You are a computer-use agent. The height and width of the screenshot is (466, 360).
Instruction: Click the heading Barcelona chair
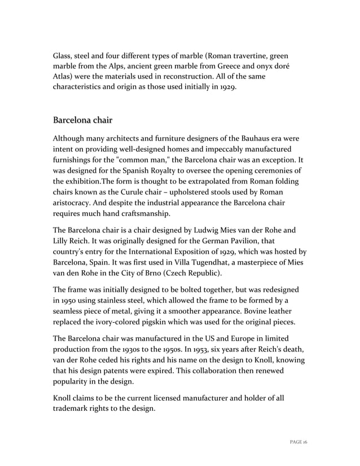click(82, 120)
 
